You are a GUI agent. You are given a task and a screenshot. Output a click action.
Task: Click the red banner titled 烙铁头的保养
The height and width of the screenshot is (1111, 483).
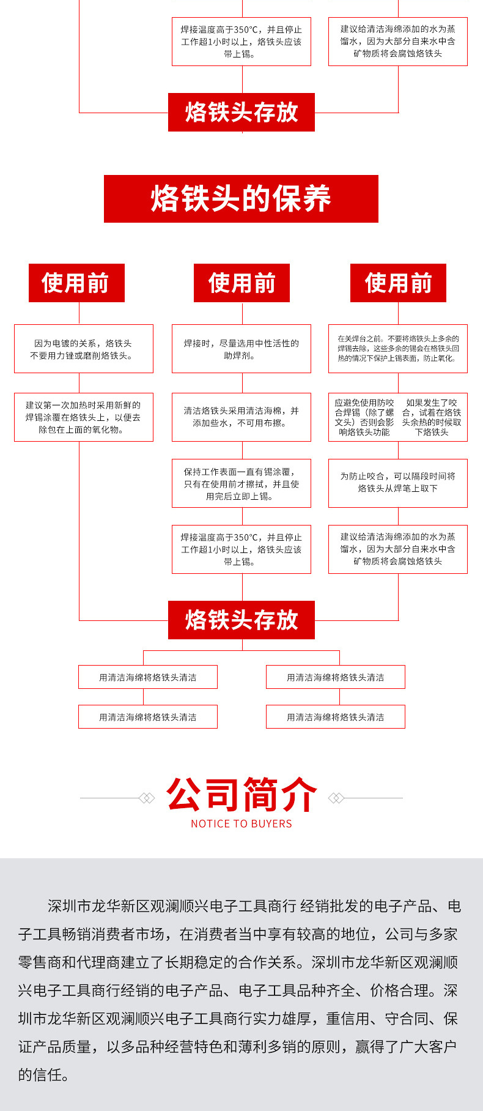(241, 199)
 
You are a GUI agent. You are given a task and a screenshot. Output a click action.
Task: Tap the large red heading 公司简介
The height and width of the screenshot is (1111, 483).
(242, 795)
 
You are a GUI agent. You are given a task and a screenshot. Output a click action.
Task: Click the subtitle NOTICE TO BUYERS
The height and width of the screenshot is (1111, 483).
(242, 823)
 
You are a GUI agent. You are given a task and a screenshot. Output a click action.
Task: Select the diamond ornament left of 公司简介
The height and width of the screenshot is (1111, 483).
(147, 798)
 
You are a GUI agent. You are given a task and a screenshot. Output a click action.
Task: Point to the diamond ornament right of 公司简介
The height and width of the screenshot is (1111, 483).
(336, 798)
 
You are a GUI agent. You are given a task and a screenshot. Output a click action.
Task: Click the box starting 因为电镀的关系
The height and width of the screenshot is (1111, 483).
(83, 349)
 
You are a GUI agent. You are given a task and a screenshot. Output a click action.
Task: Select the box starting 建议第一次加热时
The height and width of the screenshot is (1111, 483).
(83, 417)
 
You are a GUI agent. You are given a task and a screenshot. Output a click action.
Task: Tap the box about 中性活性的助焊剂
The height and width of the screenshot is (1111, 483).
(242, 349)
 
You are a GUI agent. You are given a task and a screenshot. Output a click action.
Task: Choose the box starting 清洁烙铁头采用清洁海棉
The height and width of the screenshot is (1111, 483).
(242, 417)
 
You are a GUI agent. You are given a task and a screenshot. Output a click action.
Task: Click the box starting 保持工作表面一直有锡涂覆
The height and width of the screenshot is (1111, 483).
(242, 483)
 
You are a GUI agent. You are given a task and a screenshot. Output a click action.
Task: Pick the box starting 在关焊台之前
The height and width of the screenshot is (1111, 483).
(398, 349)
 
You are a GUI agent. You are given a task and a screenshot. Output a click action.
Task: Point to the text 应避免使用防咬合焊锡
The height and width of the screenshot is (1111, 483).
(364, 417)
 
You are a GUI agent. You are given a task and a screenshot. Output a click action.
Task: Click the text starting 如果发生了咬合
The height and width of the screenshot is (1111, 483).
(432, 417)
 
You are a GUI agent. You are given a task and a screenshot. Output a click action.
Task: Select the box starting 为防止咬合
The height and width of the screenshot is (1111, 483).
(398, 483)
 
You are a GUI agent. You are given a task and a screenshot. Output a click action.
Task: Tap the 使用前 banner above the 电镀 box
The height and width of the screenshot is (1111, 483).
(76, 283)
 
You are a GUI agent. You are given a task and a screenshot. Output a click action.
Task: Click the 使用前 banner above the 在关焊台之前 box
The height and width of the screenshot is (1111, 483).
(398, 283)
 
